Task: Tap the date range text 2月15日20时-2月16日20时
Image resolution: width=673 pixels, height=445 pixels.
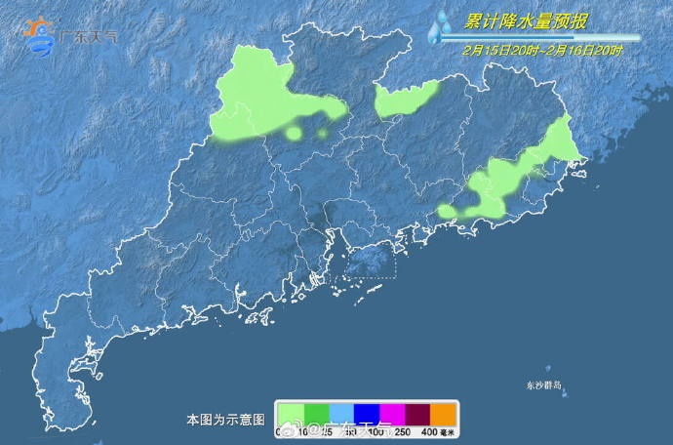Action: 543,50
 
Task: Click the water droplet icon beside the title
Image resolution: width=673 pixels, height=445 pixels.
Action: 441,26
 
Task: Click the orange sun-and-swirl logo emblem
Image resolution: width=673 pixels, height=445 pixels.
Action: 40,35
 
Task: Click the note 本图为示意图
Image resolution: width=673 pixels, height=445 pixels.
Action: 225,420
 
